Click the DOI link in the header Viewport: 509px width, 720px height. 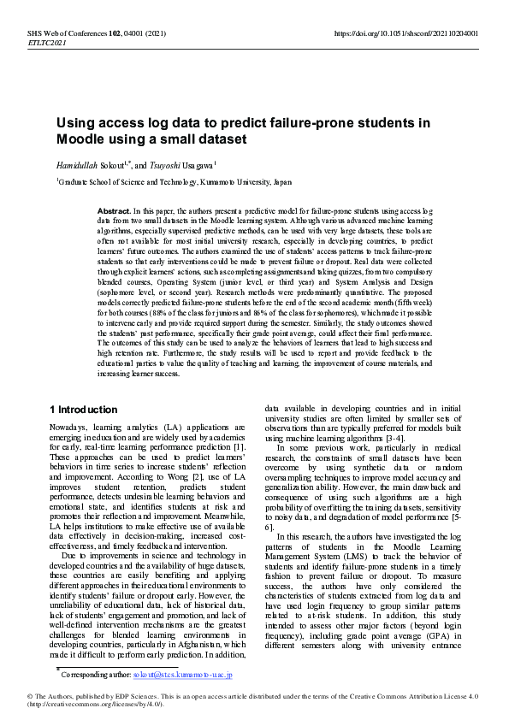[405, 32]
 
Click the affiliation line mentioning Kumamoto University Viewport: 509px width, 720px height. [175, 182]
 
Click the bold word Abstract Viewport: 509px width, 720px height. [114, 210]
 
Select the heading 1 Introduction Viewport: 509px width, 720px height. [84, 410]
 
